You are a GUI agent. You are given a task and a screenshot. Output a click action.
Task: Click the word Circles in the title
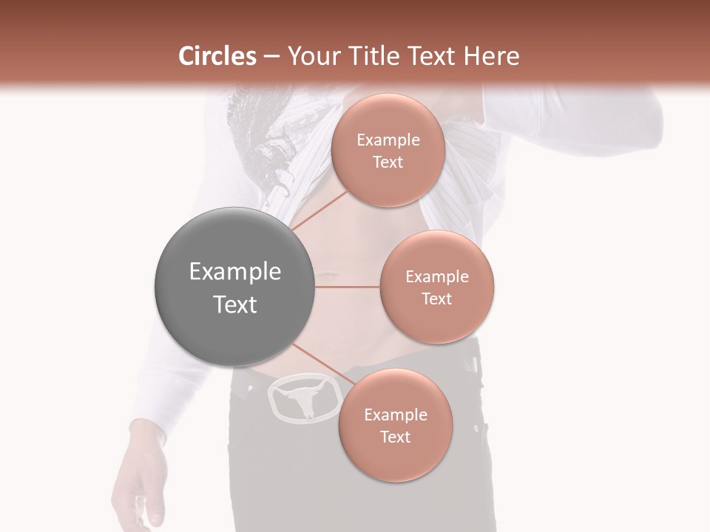point(217,56)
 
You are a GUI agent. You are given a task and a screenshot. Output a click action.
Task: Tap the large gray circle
point(234,287)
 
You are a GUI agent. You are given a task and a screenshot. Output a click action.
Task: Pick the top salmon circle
point(388,150)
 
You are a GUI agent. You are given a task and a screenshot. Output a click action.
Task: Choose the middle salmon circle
point(436,287)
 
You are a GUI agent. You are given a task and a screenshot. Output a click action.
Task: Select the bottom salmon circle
point(395,425)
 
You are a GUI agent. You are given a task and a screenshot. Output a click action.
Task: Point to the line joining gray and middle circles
point(348,287)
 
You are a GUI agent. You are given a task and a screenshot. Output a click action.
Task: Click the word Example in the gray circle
point(234,272)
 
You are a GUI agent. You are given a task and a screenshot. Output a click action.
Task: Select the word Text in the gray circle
point(234,304)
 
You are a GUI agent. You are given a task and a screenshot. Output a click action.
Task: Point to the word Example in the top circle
point(388,140)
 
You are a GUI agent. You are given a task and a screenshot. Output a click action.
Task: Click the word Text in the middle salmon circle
point(436,299)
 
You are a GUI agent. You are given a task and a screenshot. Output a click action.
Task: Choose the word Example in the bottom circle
point(395,415)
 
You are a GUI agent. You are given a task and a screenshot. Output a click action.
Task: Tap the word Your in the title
point(312,56)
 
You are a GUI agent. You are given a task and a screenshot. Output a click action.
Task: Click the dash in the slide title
point(271,57)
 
